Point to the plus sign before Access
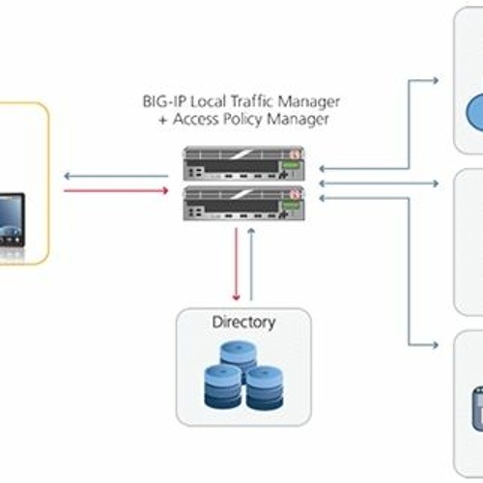[x=163, y=120]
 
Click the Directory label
[x=243, y=323]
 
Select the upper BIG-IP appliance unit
[x=243, y=163]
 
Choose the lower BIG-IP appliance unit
[x=243, y=204]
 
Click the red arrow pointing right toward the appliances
[x=116, y=190]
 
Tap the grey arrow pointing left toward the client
[x=116, y=176]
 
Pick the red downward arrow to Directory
[x=236, y=265]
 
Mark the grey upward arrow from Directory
[x=251, y=265]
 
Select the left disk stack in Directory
[x=223, y=386]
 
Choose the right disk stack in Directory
[x=265, y=388]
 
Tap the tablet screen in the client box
[x=11, y=219]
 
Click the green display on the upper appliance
[x=291, y=165]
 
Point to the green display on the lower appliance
[x=291, y=205]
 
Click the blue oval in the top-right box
[x=475, y=112]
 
